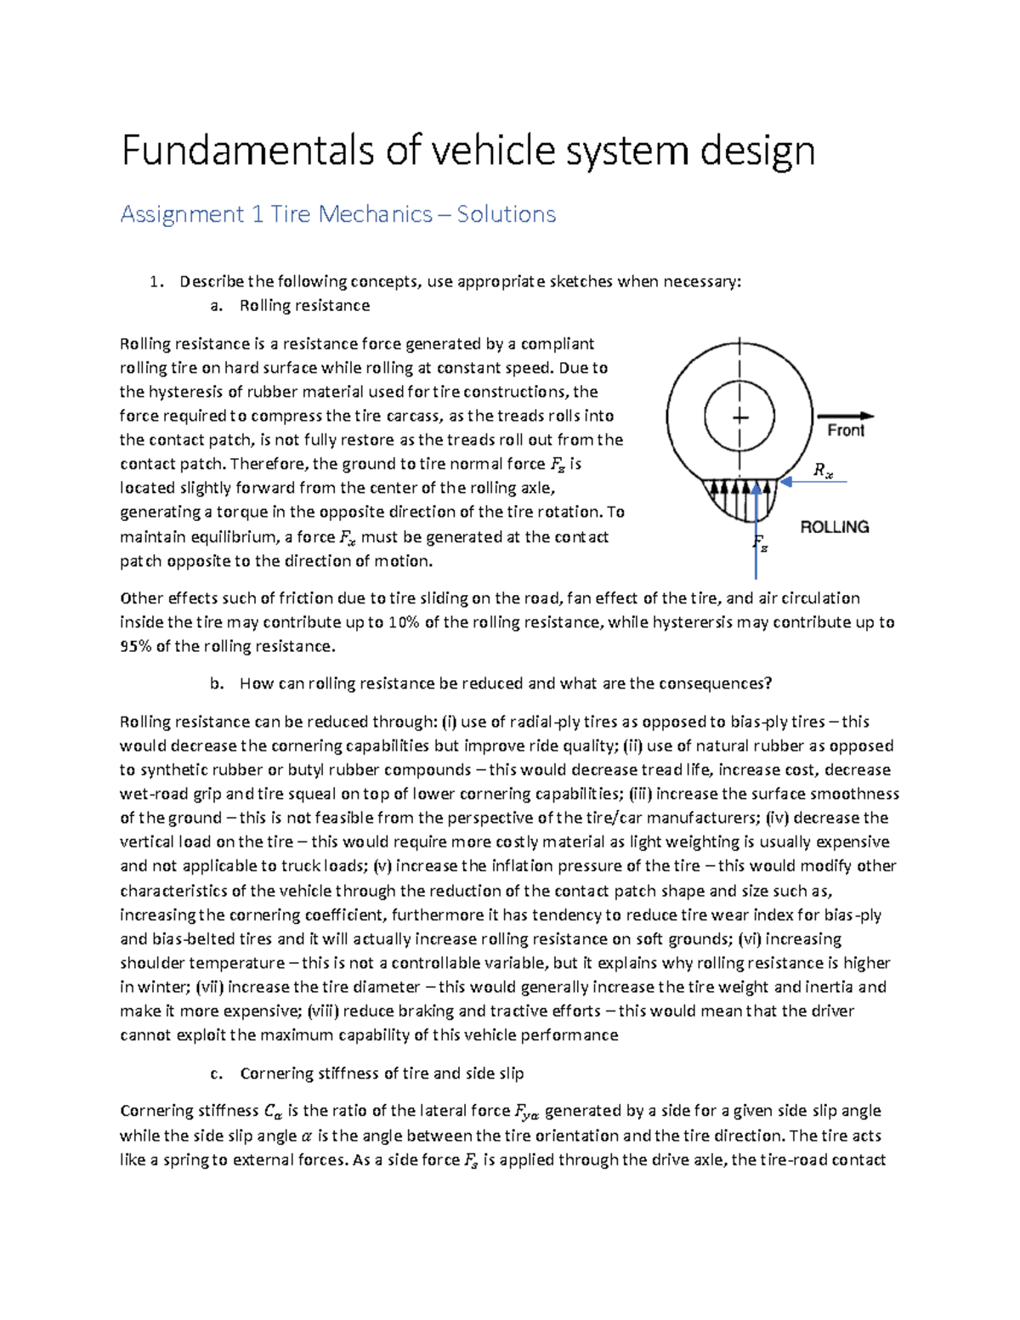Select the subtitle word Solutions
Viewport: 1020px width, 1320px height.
(x=506, y=214)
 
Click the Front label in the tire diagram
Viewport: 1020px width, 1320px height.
(x=845, y=431)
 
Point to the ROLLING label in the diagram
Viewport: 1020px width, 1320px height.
(x=834, y=527)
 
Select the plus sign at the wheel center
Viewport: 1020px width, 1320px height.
(x=740, y=417)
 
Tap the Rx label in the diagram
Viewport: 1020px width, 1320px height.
(x=823, y=470)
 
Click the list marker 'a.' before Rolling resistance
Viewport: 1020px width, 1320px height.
(x=216, y=306)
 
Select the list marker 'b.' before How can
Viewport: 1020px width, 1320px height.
(x=216, y=684)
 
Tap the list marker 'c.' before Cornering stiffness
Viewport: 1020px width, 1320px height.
(x=216, y=1074)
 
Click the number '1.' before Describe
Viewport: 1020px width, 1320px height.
(x=156, y=282)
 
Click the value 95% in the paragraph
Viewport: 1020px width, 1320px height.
(x=134, y=647)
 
